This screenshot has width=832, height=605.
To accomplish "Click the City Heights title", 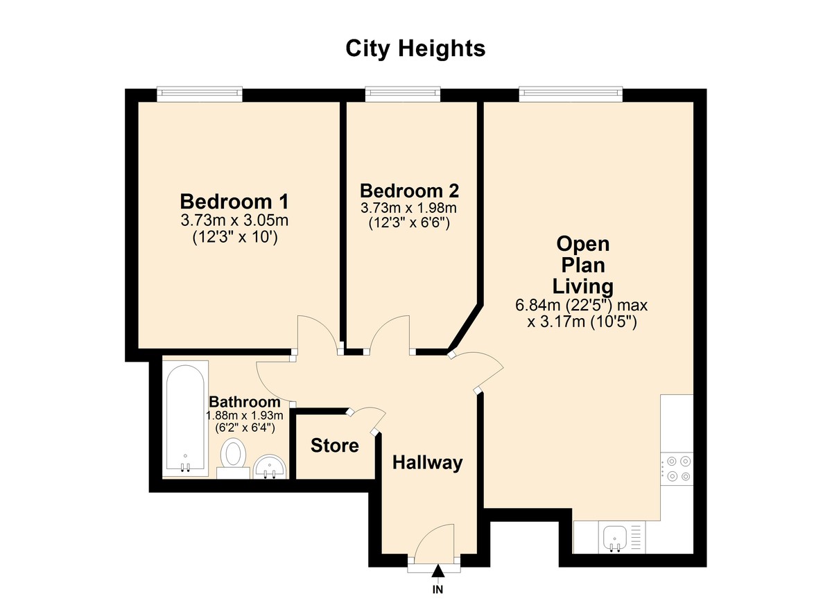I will [415, 49].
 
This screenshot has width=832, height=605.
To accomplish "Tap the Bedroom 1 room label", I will [234, 202].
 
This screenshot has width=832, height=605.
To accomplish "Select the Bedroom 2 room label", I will [409, 191].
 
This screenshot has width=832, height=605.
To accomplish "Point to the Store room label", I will [335, 445].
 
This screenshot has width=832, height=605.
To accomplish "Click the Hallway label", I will [427, 462].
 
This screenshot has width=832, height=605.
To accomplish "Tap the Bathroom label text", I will [245, 402].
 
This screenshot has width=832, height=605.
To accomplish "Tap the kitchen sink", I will [615, 537].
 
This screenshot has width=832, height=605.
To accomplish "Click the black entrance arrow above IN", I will [438, 571].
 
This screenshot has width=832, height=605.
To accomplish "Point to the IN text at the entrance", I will [438, 590].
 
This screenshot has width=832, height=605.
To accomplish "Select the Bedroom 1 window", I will [200, 94].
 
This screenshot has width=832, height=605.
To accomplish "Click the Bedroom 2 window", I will [403, 94].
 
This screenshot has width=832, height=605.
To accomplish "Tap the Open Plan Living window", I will [570, 94].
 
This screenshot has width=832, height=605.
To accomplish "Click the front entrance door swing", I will [434, 541].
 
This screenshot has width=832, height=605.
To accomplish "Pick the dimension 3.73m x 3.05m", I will [234, 221].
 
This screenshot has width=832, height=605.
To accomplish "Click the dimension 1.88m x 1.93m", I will [245, 415].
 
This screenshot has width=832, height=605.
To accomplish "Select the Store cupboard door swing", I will [367, 418].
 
